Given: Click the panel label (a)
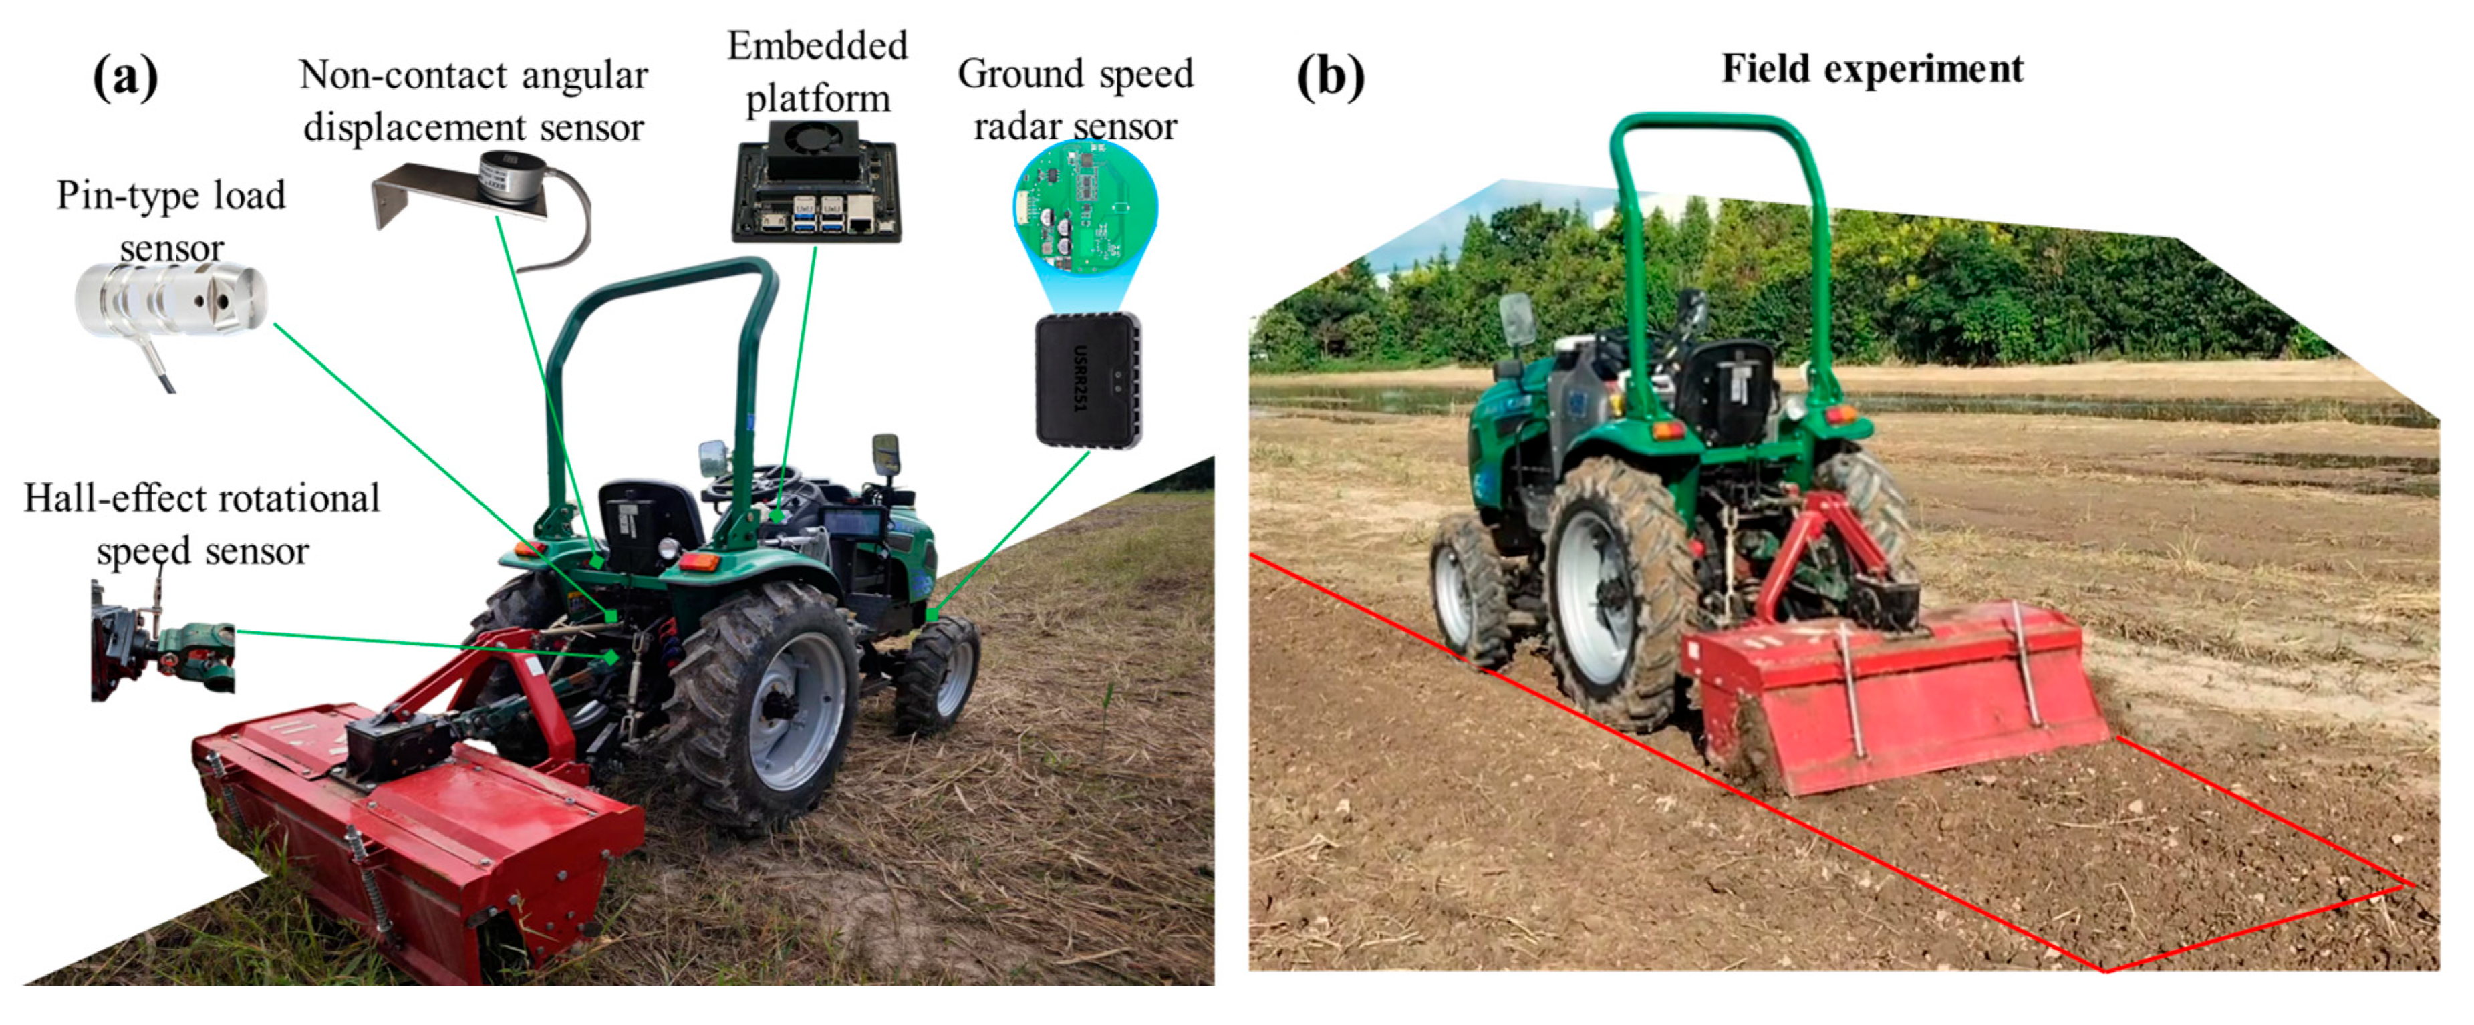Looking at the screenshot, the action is coord(126,77).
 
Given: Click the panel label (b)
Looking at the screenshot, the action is coord(1329,76).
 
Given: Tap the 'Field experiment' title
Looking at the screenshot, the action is coord(1872,69).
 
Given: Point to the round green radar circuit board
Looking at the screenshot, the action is coord(1085,206).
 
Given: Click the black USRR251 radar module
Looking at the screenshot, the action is coord(1088,380).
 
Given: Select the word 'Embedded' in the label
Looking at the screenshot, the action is coord(817,46).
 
